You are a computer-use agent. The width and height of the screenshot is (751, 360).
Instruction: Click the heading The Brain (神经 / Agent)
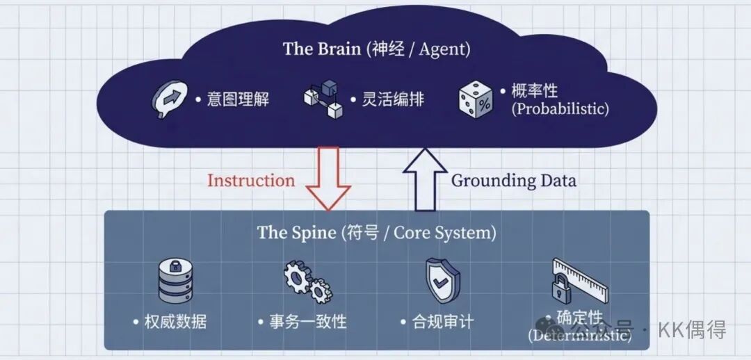tap(376, 49)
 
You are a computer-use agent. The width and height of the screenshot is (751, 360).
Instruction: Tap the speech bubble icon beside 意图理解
tap(170, 99)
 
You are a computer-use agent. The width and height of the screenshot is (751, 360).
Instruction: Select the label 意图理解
tap(238, 99)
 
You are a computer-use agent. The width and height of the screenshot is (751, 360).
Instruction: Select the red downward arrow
tap(328, 177)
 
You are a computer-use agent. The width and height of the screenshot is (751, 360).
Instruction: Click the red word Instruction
tap(251, 181)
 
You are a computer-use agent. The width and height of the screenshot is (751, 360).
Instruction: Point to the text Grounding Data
tap(514, 181)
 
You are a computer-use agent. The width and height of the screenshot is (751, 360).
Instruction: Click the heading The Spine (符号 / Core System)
tap(377, 232)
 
